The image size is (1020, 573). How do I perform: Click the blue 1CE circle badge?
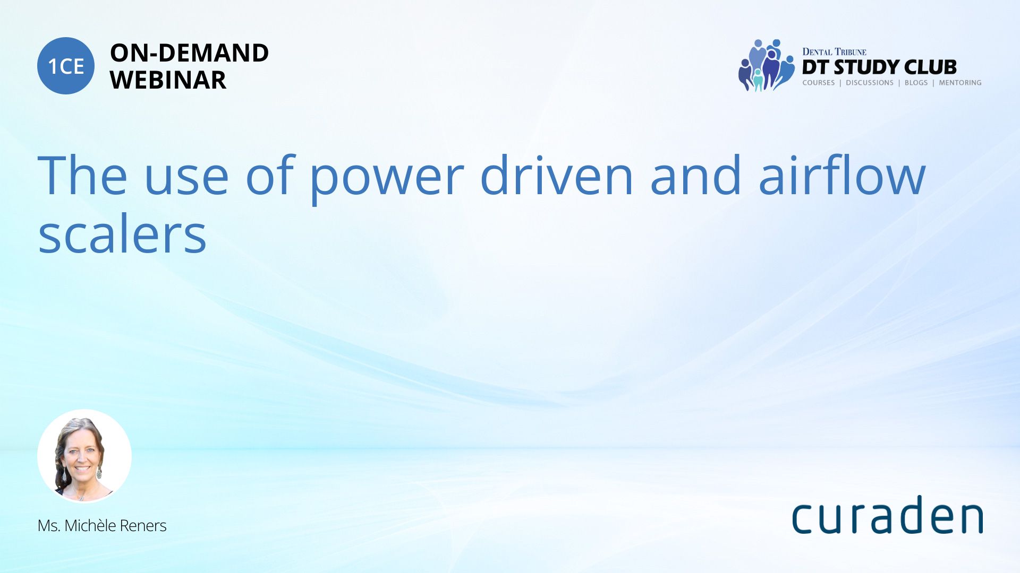(x=66, y=66)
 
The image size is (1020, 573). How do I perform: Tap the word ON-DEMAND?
(x=189, y=53)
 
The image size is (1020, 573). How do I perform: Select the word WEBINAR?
(x=168, y=80)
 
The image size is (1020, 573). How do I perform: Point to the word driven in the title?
(x=557, y=175)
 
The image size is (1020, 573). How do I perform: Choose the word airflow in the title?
(x=842, y=175)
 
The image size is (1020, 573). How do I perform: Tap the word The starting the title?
(x=82, y=175)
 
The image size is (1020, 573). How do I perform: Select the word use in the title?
(x=186, y=181)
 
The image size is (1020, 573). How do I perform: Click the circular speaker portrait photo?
(x=84, y=456)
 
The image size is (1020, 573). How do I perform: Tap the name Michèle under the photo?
(x=90, y=526)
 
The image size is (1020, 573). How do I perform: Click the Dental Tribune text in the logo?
(x=834, y=52)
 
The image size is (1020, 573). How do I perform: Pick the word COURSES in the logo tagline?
(x=819, y=83)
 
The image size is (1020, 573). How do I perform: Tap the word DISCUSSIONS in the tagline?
(x=870, y=83)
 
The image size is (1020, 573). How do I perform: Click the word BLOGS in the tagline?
(x=916, y=83)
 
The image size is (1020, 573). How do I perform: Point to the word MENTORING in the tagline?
(x=960, y=83)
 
